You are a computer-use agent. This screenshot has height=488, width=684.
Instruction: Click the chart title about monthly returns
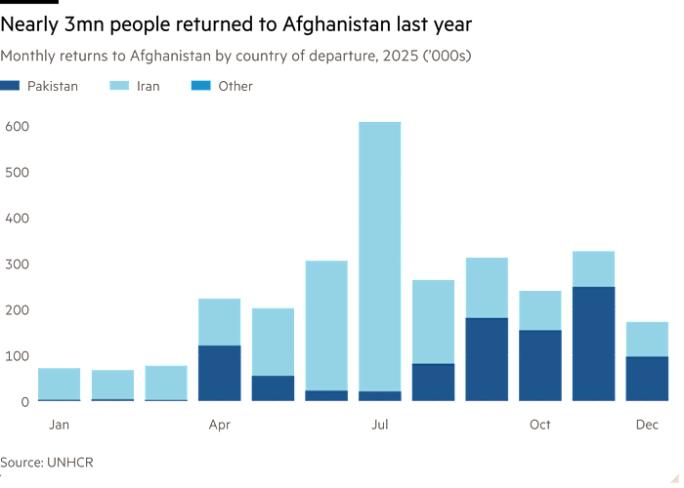click(236, 56)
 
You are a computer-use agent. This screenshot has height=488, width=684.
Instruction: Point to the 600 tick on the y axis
click(17, 127)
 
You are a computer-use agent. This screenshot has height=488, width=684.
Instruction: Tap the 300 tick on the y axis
click(17, 264)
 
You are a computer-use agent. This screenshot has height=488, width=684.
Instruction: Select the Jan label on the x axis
click(59, 425)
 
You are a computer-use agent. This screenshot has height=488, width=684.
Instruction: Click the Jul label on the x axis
click(380, 425)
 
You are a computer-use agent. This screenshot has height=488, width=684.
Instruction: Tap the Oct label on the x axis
click(540, 425)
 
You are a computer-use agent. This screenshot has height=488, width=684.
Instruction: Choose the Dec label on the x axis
click(647, 425)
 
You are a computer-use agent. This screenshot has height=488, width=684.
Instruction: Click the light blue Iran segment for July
click(380, 254)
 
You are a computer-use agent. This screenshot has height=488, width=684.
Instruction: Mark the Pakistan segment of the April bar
click(219, 373)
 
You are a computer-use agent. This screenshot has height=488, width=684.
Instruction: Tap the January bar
click(59, 384)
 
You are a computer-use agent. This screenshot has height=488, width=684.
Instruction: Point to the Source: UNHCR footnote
click(47, 461)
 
